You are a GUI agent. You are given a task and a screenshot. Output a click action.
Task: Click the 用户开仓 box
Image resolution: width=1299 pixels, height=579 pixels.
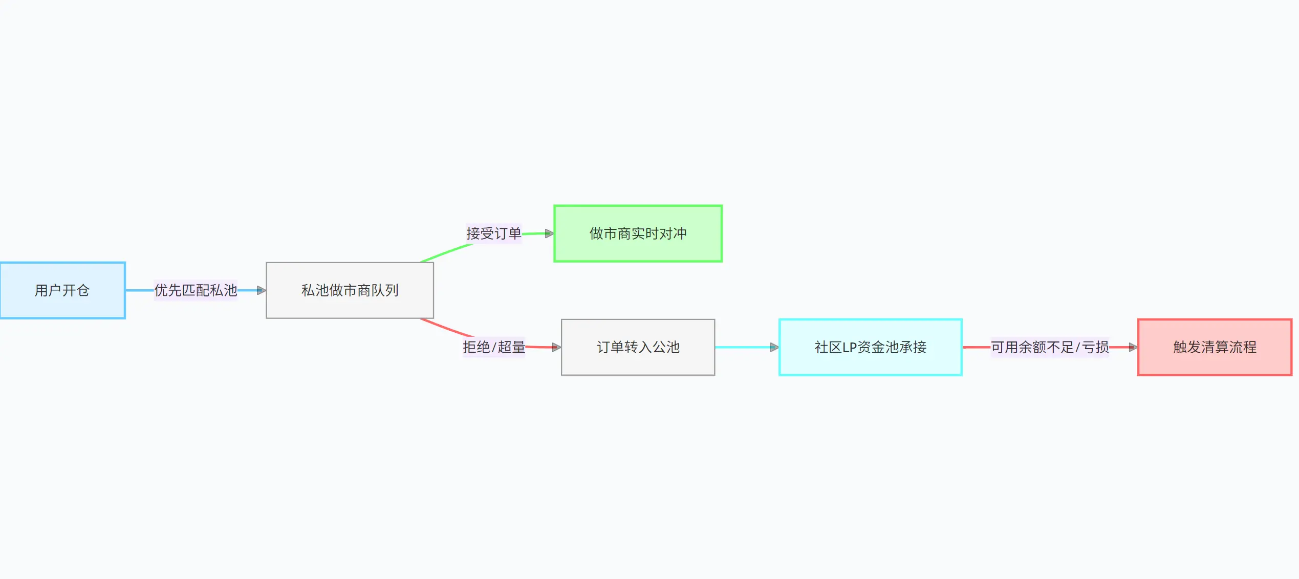click(62, 290)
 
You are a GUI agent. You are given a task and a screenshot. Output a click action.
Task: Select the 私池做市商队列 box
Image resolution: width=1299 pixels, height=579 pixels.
click(350, 290)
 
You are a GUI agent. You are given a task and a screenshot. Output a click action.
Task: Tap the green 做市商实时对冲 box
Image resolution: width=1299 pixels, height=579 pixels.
click(638, 233)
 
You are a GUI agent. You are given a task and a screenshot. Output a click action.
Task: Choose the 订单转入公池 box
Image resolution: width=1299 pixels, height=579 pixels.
click(638, 347)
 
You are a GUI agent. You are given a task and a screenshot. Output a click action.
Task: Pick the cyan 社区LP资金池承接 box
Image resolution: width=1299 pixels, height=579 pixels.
click(870, 347)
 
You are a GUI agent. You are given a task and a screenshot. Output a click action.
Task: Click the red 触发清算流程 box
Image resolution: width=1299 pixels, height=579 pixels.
click(1215, 347)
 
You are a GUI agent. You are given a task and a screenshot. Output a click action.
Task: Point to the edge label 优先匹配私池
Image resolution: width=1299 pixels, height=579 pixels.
click(196, 290)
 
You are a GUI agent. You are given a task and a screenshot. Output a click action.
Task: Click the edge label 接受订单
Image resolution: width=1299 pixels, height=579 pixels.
click(493, 233)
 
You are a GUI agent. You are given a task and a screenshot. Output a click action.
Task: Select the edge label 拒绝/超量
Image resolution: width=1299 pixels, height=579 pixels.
click(494, 347)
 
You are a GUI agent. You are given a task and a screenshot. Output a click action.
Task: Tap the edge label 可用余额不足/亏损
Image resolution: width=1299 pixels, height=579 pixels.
click(1050, 347)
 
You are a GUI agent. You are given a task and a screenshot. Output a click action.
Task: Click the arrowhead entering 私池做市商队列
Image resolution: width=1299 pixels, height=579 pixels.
click(262, 290)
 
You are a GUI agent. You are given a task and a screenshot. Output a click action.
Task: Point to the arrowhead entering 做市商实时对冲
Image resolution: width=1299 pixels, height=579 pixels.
click(549, 233)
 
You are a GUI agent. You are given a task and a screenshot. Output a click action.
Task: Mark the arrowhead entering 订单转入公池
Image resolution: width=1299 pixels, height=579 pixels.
click(557, 347)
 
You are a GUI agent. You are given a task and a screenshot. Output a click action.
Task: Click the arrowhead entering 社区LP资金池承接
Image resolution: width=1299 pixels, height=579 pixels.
click(774, 347)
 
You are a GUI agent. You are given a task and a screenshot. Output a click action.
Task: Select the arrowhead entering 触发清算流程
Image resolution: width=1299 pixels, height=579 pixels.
click(1133, 347)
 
